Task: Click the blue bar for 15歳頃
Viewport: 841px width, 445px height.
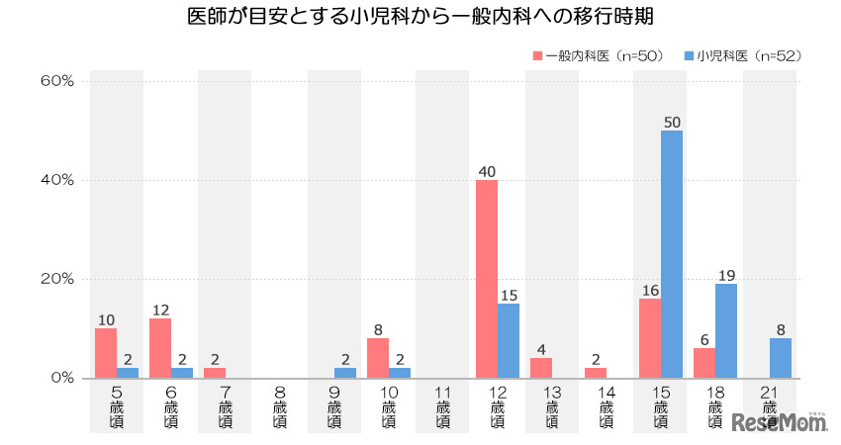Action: coord(672,254)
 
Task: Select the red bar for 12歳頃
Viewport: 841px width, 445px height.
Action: coord(487,279)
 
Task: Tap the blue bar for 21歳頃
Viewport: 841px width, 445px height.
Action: coord(781,357)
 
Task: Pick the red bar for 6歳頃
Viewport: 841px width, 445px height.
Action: coord(160,348)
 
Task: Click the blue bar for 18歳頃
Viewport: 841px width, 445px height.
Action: coord(726,330)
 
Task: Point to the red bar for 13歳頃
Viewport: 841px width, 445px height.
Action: coord(541,367)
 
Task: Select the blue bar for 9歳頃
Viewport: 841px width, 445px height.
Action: coord(345,372)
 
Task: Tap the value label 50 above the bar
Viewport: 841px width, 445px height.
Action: coord(672,121)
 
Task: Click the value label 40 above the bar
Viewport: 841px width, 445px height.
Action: coord(487,170)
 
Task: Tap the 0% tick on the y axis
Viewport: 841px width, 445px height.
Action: coord(60,378)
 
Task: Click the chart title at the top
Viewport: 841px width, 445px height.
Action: coord(420,17)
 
